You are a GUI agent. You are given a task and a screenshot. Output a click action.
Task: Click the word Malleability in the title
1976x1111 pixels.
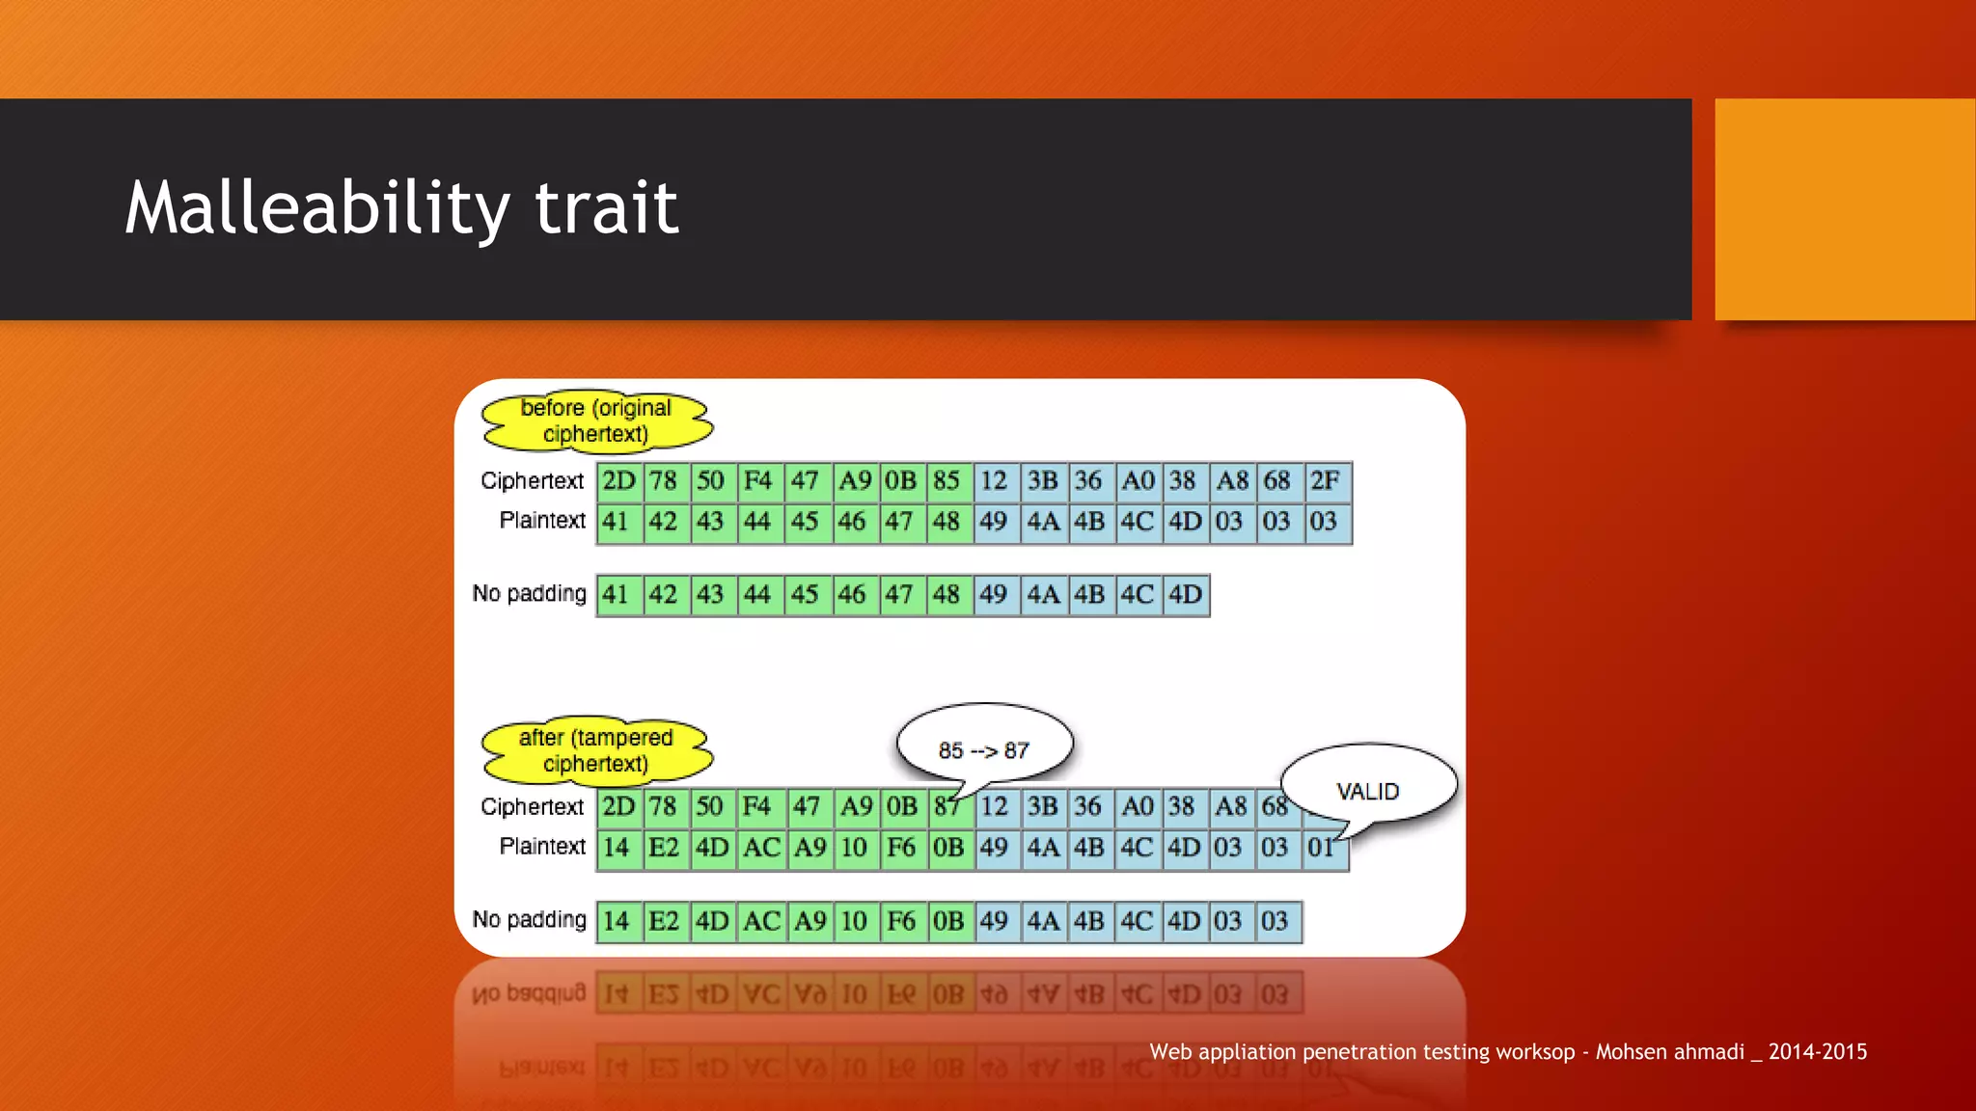[316, 208]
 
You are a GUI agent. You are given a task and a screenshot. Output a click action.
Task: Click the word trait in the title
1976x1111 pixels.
[606, 208]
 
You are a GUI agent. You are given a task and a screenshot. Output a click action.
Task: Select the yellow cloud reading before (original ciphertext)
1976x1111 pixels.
[596, 421]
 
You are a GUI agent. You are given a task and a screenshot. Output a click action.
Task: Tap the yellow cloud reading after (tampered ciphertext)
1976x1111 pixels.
[596, 750]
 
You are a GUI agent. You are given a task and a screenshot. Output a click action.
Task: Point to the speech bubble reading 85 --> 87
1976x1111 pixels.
[984, 747]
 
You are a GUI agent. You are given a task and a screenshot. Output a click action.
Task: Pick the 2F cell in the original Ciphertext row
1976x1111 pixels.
[1326, 481]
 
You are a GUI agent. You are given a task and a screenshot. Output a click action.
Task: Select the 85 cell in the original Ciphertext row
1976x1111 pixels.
[947, 481]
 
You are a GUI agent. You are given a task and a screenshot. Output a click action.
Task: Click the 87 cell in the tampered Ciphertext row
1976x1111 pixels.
[947, 807]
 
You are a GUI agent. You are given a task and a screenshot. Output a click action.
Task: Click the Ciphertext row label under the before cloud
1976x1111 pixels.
[532, 481]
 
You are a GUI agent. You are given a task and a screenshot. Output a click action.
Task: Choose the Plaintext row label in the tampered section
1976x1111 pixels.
[542, 847]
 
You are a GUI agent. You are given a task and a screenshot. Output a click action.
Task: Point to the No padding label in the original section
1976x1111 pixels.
[529, 594]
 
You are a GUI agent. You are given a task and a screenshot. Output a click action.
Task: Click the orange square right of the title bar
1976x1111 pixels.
[1845, 209]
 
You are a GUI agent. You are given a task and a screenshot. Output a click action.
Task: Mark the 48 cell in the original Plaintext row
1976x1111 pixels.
[947, 523]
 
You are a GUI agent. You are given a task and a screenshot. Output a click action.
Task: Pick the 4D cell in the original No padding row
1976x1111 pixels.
[1186, 595]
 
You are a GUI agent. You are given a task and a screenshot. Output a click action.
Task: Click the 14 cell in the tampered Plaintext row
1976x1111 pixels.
[617, 849]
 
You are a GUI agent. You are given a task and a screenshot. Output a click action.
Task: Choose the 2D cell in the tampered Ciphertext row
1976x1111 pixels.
[618, 807]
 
